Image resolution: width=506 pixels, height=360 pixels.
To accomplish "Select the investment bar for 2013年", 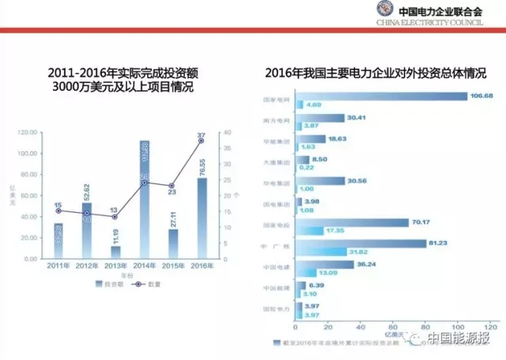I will point(115,252).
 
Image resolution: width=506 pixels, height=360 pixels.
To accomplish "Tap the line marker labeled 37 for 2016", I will point(201,140).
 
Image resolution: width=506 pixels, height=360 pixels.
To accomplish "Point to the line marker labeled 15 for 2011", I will point(58,211).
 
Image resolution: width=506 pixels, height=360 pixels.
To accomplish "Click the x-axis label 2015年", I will point(172,267).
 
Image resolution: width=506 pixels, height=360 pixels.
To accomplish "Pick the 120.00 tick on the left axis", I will point(29,132).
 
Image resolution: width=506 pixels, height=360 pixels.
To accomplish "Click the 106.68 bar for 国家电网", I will point(381,97).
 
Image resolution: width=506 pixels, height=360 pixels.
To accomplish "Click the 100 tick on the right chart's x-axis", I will point(456,325).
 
